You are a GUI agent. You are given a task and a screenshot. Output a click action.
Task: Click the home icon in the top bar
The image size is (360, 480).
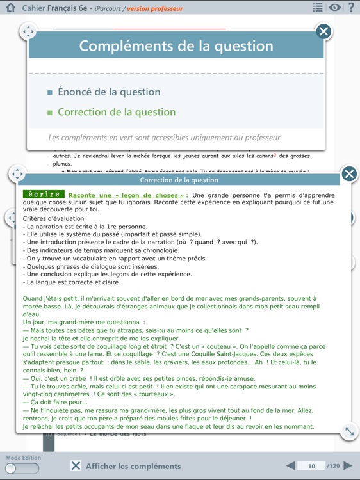tap(10, 8)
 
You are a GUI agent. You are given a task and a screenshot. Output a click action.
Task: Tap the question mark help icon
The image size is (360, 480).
tap(351, 8)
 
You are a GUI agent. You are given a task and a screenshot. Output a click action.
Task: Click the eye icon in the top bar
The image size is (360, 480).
tap(335, 8)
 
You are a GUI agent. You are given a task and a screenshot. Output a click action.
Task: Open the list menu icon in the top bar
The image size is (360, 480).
tap(318, 8)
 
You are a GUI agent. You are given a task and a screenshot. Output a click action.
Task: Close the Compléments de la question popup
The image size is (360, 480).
tap(324, 31)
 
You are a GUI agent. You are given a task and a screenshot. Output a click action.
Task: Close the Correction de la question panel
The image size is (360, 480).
tap(349, 173)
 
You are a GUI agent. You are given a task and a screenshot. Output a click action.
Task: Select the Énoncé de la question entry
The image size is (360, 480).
tap(109, 92)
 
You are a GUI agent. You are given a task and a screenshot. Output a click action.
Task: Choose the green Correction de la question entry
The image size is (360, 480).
tap(116, 112)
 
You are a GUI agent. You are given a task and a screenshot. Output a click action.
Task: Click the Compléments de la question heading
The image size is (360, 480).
tap(176, 46)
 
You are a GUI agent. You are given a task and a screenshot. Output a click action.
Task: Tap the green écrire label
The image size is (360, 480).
tap(44, 194)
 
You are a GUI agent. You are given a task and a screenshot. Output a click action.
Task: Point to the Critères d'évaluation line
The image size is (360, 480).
tap(53, 218)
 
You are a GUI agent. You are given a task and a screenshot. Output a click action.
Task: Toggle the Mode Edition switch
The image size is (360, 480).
tap(22, 468)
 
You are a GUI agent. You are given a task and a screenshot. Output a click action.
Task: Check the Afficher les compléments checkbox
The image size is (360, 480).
tap(76, 466)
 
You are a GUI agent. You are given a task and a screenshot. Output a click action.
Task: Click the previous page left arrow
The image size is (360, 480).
tap(291, 466)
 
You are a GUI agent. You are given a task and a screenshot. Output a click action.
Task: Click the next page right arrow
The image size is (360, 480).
tap(348, 466)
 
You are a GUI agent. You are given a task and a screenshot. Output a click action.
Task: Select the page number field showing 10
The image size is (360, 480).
tap(312, 466)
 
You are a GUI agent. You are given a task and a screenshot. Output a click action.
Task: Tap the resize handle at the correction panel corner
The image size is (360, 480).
tap(349, 431)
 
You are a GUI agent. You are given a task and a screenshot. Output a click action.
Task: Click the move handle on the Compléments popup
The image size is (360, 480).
tap(28, 31)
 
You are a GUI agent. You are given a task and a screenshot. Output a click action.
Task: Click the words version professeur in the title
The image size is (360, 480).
tap(155, 8)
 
